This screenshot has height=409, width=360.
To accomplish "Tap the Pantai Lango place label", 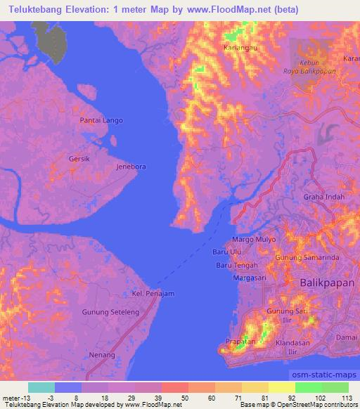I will coord(101,120).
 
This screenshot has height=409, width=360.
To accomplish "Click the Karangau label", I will coord(238,48).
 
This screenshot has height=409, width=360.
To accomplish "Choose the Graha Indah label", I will coord(324,197).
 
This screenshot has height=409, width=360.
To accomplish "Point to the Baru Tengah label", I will coord(233,265).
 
